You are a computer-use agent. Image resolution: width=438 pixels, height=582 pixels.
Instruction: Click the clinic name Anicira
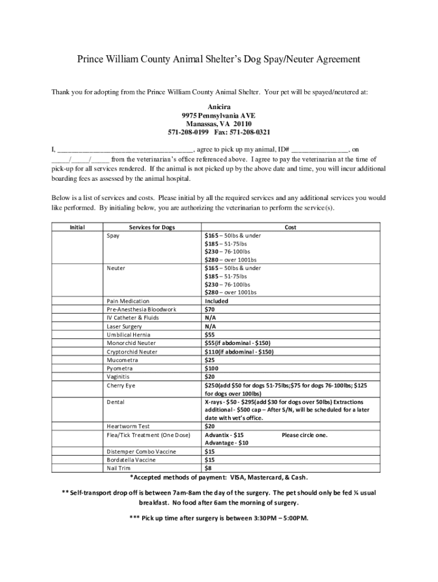pyautogui.click(x=219, y=107)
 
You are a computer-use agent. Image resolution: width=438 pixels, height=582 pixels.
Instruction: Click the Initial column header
pyautogui.click(x=77, y=227)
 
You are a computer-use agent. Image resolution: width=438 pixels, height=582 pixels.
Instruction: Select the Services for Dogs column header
pyautogui.click(x=152, y=227)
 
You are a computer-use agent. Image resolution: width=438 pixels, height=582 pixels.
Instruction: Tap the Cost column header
pyautogui.click(x=290, y=227)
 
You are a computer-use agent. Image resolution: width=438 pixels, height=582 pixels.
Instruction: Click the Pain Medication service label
pyautogui.click(x=128, y=301)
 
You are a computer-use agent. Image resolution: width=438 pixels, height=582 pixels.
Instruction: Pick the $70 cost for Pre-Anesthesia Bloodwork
pyautogui.click(x=209, y=310)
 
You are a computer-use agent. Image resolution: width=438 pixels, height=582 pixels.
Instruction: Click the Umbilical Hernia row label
pyautogui.click(x=129, y=335)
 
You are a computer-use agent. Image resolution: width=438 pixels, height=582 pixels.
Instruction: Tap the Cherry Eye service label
pyautogui.click(x=121, y=385)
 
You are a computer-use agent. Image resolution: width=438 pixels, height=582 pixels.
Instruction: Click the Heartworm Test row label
pyautogui.click(x=127, y=426)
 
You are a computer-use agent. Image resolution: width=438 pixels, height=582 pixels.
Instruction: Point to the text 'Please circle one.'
pyautogui.click(x=304, y=435)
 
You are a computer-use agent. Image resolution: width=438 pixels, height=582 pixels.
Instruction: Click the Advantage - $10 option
pyautogui.click(x=226, y=443)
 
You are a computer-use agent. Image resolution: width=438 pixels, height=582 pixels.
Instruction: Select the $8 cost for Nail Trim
pyautogui.click(x=208, y=468)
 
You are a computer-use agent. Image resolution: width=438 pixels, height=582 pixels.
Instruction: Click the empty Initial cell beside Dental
pyautogui.click(x=77, y=410)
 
